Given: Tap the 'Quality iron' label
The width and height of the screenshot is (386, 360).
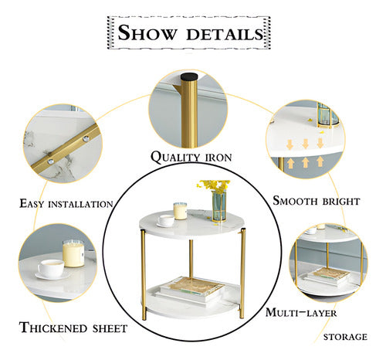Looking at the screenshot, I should click(x=190, y=157).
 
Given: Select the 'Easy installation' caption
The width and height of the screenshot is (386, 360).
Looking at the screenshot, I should click(x=67, y=204).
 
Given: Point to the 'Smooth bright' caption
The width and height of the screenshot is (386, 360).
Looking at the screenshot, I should click(x=317, y=201).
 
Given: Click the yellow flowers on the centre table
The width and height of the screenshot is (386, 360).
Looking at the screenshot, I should click(x=214, y=186).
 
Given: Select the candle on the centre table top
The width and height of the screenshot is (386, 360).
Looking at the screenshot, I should click(x=181, y=210).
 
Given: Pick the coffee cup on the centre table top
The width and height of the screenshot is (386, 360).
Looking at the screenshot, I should click(x=166, y=221).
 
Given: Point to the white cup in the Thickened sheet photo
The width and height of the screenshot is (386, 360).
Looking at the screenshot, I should click(x=51, y=268).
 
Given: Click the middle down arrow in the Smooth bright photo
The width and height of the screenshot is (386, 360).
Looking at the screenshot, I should click(x=306, y=144).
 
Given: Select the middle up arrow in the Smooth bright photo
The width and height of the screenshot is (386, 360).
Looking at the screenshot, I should click(x=306, y=163).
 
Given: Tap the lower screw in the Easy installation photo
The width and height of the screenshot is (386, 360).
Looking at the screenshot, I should click(x=50, y=162).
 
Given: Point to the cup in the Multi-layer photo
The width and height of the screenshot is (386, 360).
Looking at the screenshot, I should click(x=310, y=229).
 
